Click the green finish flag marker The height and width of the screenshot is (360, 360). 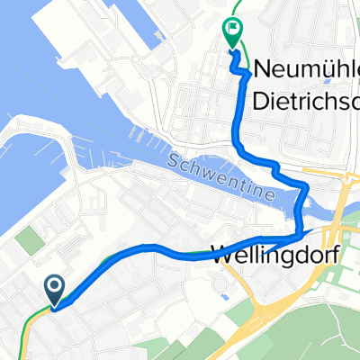coord(232,30)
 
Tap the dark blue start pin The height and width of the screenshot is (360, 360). coord(54,288)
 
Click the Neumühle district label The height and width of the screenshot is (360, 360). coord(307,67)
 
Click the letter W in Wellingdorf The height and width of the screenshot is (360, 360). coord(220,255)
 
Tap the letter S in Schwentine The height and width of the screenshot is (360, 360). coord(171,159)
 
